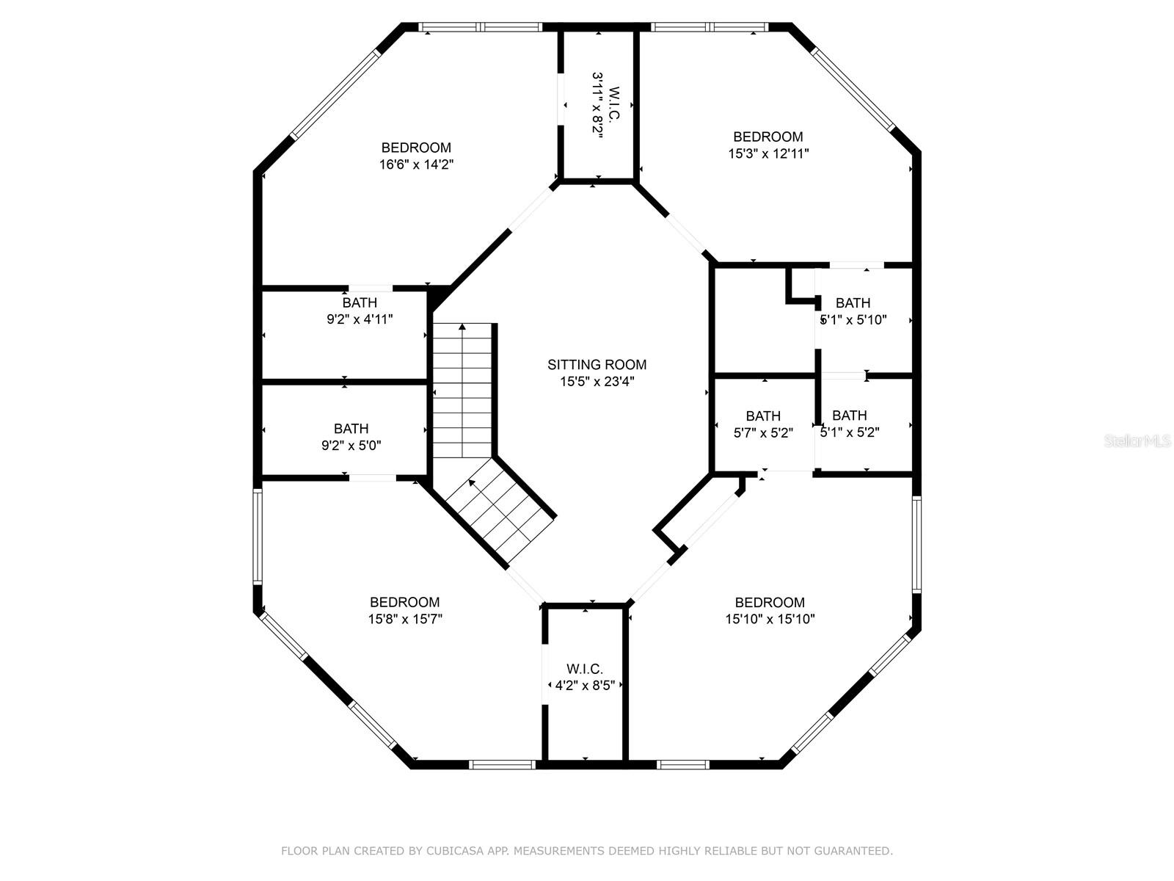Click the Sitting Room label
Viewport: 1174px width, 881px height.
pyautogui.click(x=597, y=365)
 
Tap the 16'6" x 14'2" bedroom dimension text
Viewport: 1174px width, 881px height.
pyautogui.click(x=416, y=164)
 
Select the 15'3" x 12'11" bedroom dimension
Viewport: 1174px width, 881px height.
pyautogui.click(x=768, y=153)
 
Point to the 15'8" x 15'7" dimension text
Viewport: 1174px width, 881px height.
pyautogui.click(x=405, y=619)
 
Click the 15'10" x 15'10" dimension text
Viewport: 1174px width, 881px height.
pyautogui.click(x=770, y=619)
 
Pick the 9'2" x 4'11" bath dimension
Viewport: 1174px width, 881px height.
pyautogui.click(x=360, y=319)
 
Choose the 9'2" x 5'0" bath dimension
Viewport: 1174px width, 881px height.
pyautogui.click(x=351, y=446)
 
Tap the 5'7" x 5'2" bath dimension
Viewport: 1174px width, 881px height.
pyautogui.click(x=763, y=432)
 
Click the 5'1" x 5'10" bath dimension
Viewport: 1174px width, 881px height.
pyautogui.click(x=853, y=320)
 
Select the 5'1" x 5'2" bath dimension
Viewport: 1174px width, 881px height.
pyautogui.click(x=850, y=432)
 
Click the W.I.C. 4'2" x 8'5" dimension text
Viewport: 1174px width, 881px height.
pyautogui.click(x=585, y=685)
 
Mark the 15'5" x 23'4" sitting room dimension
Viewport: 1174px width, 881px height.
pyautogui.click(x=597, y=382)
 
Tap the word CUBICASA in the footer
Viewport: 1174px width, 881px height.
pyautogui.click(x=451, y=850)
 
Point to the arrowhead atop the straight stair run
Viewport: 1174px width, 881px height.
pyautogui.click(x=462, y=327)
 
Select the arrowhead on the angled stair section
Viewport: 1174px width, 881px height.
pyautogui.click(x=472, y=482)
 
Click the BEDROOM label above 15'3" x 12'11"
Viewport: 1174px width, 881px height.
pyautogui.click(x=768, y=137)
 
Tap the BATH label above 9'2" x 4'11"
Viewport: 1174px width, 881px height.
pyautogui.click(x=360, y=302)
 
